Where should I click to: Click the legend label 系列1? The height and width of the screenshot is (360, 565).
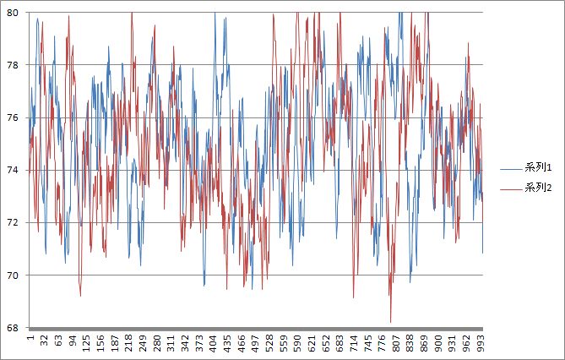pos(537,169)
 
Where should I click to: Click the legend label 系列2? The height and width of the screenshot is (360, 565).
pos(537,187)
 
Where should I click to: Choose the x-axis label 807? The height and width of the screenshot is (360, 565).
pos(396,345)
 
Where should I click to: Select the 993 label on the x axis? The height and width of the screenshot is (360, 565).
pos(481,345)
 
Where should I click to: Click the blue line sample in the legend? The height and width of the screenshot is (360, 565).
pos(511,169)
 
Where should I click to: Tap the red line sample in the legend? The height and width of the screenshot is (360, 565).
pos(511,187)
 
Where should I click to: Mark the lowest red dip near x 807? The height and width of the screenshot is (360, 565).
pos(391,321)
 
